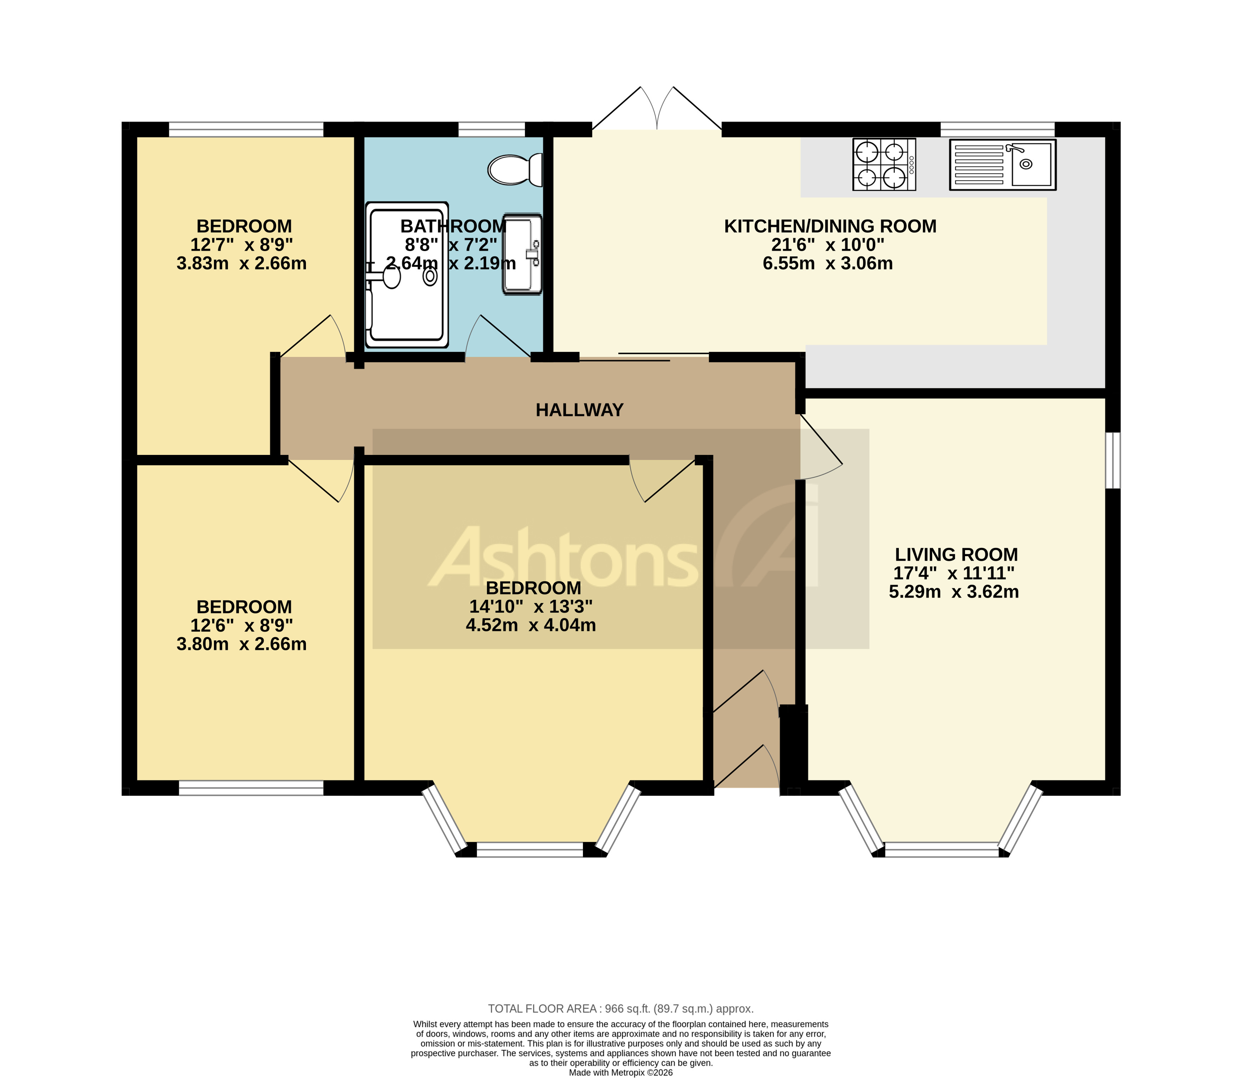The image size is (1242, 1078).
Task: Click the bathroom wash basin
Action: pyautogui.click(x=521, y=254)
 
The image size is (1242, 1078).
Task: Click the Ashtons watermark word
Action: pyautogui.click(x=563, y=559)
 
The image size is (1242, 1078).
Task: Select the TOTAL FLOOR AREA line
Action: pyautogui.click(x=620, y=1009)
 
